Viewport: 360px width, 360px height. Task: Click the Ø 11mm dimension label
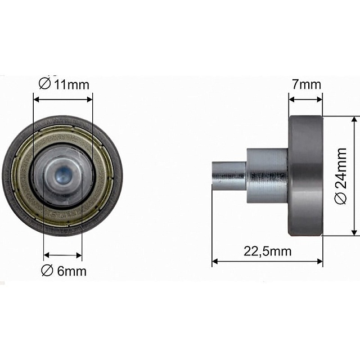64,84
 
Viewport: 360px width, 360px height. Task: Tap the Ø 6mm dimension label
64,271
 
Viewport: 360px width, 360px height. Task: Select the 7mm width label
307,84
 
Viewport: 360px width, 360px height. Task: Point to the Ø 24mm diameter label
340,176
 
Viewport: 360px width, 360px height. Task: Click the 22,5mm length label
268,251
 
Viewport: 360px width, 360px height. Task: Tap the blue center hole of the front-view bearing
62,176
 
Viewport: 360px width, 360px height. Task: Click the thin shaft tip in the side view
229,176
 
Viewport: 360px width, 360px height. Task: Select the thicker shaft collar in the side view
268,176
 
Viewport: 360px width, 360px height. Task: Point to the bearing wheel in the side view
305,175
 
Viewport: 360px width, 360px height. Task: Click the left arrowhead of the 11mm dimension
36,100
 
